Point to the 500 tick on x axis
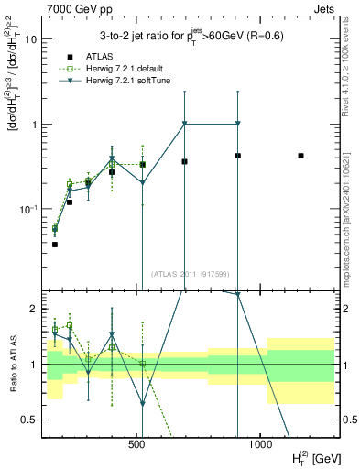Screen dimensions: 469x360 coord(137,444)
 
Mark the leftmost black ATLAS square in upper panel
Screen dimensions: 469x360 coord(55,245)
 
